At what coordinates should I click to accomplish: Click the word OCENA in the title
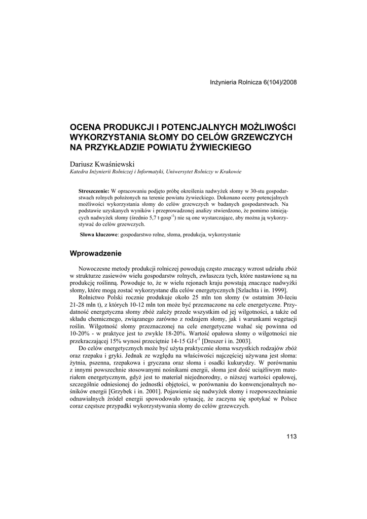(86, 126)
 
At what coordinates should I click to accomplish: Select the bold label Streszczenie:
(94, 189)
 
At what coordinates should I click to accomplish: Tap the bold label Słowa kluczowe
(99, 235)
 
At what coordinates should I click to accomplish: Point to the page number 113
(291, 437)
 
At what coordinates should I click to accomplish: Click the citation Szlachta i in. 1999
(262, 290)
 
